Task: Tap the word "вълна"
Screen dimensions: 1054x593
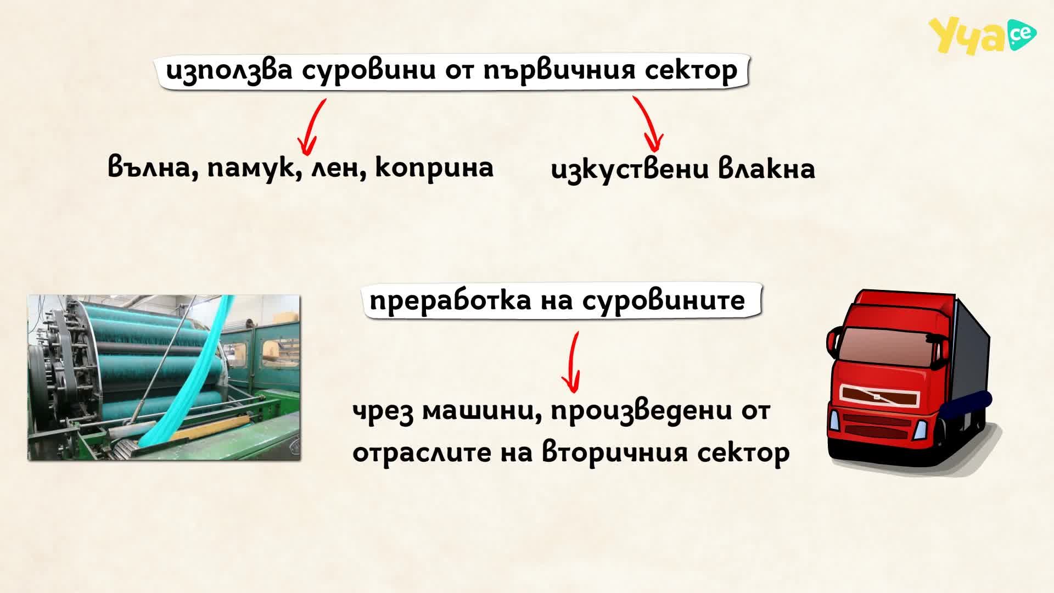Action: (x=153, y=167)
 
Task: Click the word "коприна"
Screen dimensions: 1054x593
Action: (x=434, y=167)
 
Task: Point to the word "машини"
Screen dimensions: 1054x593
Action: (x=483, y=411)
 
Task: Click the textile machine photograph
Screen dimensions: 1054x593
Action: (x=164, y=378)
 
